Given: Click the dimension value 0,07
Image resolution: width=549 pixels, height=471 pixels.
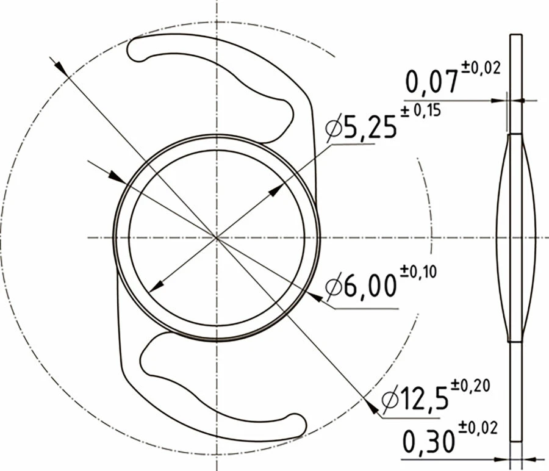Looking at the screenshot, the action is (432, 81).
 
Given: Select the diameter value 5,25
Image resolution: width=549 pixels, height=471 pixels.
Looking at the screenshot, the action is (370, 127).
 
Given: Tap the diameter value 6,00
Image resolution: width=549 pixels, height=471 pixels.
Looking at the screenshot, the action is (370, 286).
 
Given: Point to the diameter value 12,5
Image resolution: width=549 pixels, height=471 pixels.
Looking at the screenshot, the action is (425, 398).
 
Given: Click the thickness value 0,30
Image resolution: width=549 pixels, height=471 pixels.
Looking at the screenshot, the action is (429, 441).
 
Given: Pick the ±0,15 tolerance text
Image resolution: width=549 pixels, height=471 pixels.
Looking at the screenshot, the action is (420, 111).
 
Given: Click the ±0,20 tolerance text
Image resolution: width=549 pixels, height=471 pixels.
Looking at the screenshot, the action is (470, 386).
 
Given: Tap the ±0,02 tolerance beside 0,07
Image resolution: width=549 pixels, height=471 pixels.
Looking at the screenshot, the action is (481, 68).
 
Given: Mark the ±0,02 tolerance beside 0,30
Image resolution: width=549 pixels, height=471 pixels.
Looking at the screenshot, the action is (478, 428).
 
